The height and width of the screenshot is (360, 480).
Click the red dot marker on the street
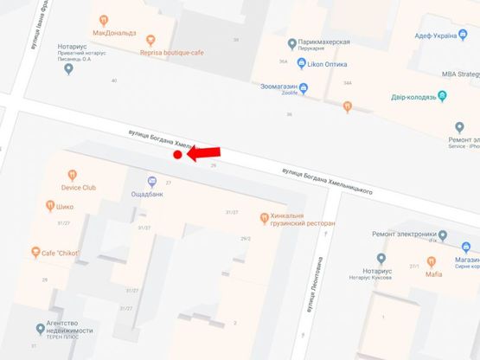click(177, 155)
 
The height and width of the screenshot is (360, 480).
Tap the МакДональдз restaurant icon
click(103, 19)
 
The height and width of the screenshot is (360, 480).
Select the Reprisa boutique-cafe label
click(174, 51)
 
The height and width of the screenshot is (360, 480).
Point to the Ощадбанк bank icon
click(152, 181)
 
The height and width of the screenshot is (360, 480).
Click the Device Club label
click(79, 187)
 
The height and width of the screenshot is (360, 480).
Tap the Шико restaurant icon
click(50, 206)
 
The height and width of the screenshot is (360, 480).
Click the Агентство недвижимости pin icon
click(40, 329)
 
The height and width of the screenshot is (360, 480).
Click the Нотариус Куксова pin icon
click(381, 258)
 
